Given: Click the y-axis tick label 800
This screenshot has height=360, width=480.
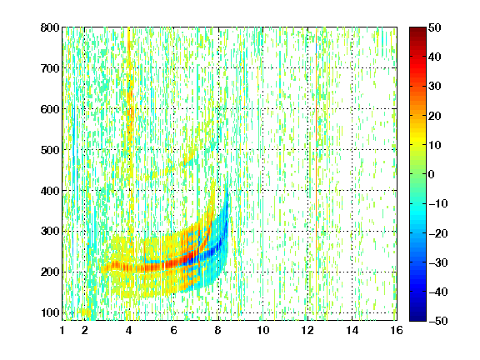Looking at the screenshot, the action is point(50,27).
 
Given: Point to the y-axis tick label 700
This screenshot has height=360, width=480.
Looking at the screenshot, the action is point(50,68).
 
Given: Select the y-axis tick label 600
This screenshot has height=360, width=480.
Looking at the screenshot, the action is point(50,109).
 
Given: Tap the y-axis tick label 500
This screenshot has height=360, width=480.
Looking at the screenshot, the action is point(50,150).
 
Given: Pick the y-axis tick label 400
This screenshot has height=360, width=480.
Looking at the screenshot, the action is point(50,191).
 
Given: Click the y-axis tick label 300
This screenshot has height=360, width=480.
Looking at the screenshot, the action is point(50,231).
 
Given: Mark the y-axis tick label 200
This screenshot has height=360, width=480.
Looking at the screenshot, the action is point(50,272).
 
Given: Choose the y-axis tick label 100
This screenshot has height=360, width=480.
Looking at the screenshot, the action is point(50,312).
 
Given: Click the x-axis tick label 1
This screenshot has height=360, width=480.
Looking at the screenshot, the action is point(62,331).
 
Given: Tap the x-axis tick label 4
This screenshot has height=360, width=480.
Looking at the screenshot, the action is point(129,331).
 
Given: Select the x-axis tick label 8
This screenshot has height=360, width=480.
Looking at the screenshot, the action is point(217,331).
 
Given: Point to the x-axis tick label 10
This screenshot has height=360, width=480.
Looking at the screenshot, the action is point(263,331).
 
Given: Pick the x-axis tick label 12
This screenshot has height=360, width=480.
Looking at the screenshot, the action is point(307,331).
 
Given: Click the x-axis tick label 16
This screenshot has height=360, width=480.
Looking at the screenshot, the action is point(397,331).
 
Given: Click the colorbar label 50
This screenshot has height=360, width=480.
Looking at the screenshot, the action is point(435,27).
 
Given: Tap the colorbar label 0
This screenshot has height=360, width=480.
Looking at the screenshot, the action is point(432,174).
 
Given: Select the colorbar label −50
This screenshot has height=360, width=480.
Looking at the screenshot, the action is point(438,321).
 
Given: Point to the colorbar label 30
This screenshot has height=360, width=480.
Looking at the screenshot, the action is point(435,87).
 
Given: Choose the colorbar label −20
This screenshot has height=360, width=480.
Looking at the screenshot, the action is point(438,233).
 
